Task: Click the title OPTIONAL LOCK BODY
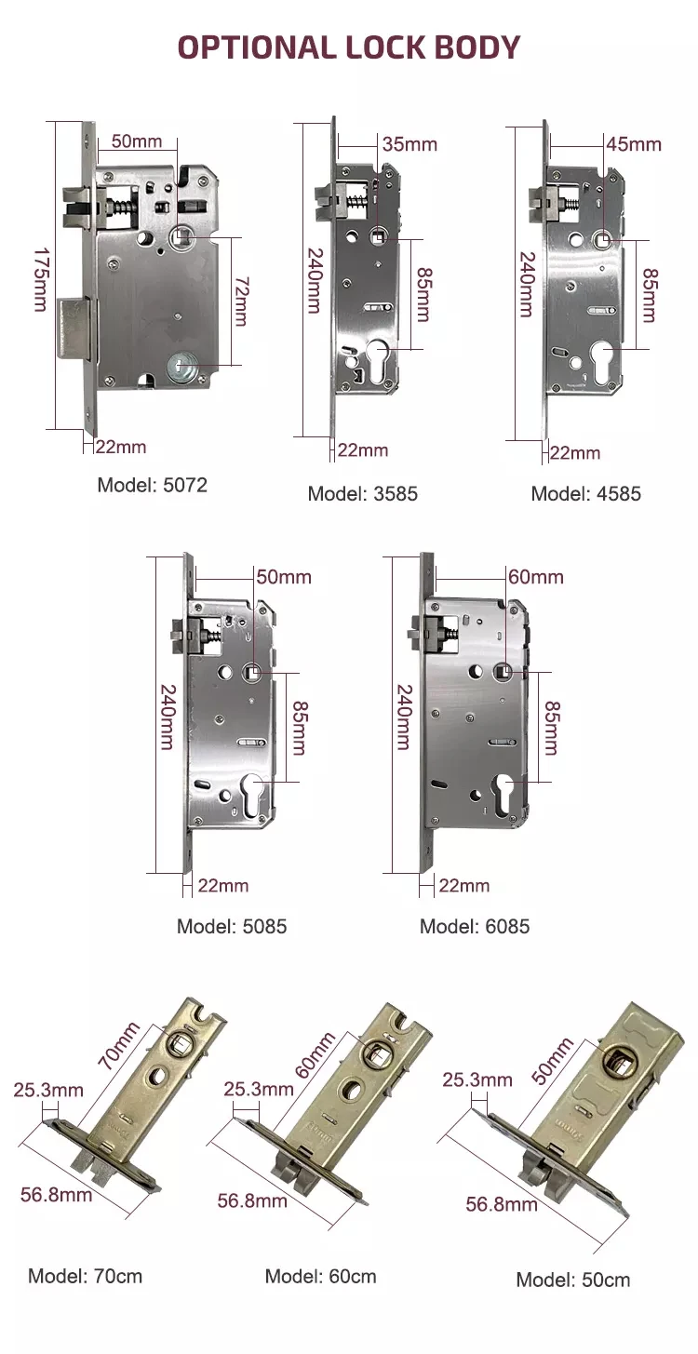[x=349, y=46]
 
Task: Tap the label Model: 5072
[x=152, y=485]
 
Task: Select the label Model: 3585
[x=363, y=493]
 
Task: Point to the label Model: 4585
[x=586, y=493]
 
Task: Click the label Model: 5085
[x=232, y=926]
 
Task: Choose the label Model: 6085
[x=475, y=926]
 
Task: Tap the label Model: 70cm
[x=86, y=1275]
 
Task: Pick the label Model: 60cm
[x=321, y=1275]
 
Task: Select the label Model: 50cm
[x=573, y=1280]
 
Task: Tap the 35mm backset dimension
[x=409, y=144]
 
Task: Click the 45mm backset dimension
[x=633, y=144]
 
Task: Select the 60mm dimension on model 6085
[x=535, y=577]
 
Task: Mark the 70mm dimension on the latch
[x=118, y=1045]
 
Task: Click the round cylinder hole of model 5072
[x=182, y=369]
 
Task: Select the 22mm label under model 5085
[x=222, y=885]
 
